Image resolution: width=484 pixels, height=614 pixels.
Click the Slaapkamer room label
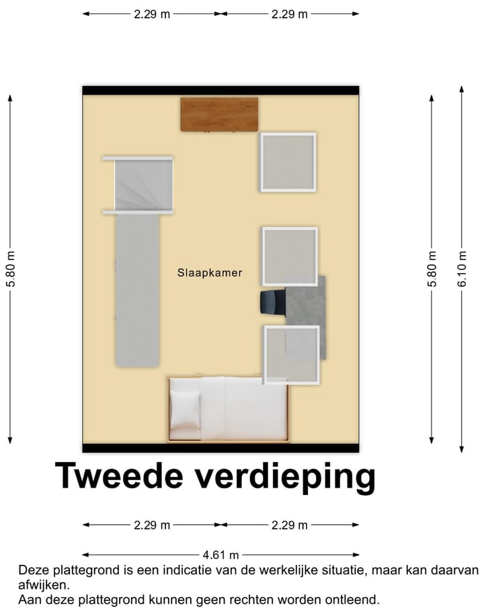click(209, 273)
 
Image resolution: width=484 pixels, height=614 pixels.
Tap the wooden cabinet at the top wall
click(219, 114)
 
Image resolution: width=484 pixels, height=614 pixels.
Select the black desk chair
click(272, 302)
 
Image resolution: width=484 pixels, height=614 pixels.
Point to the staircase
click(143, 184)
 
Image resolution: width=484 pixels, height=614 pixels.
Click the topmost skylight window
click(288, 163)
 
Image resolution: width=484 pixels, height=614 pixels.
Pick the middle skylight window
click(290, 256)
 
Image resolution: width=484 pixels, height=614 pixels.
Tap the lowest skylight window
click(291, 354)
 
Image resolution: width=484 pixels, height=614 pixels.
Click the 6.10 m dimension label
click(461, 269)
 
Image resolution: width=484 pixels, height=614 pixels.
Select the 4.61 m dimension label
click(221, 555)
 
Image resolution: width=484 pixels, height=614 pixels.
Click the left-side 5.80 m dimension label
click(10, 269)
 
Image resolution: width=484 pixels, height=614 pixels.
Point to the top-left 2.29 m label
click(152, 13)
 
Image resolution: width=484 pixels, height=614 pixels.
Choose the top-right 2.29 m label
click(290, 13)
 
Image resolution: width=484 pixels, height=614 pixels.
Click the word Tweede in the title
click(118, 476)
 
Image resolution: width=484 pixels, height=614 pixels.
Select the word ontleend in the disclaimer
click(354, 599)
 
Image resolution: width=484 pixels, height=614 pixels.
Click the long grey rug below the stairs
click(137, 289)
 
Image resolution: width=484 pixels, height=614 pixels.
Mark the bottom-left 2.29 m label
click(152, 525)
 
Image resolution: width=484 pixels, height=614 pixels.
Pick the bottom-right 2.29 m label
click(290, 525)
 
